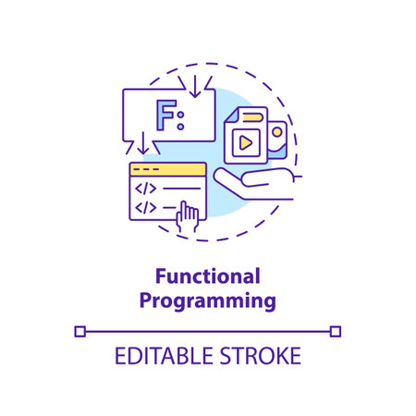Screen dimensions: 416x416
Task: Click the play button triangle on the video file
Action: [x=245, y=142]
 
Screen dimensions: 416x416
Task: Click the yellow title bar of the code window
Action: [x=166, y=170]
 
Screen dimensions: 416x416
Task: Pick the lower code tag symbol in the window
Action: [x=147, y=208]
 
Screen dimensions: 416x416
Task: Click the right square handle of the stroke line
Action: [x=336, y=329]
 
